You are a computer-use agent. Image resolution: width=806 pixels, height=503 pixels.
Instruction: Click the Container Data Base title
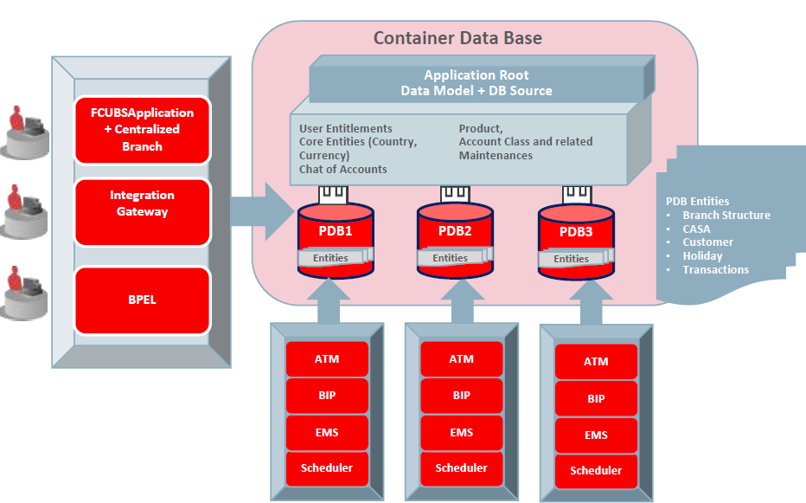[x=457, y=38]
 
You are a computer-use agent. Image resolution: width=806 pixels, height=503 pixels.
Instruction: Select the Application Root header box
[x=476, y=83]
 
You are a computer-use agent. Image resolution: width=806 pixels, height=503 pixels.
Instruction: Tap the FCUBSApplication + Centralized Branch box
[x=142, y=129]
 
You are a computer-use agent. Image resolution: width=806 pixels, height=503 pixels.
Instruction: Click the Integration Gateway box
[x=142, y=204]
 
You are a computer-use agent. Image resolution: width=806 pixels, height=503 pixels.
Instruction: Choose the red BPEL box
[x=142, y=300]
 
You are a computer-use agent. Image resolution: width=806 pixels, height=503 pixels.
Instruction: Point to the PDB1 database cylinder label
[x=334, y=231]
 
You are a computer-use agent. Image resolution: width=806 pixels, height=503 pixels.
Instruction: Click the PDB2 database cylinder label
[x=455, y=231]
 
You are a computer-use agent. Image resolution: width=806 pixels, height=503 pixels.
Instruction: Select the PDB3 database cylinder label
[x=575, y=231]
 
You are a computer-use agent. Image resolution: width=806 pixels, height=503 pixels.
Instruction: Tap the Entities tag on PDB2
[x=451, y=258]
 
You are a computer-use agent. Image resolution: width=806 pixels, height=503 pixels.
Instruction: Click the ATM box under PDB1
[x=327, y=358]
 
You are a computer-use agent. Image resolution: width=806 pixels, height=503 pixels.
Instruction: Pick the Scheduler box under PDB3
[x=596, y=471]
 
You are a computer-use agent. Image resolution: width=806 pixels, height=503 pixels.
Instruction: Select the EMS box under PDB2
[x=462, y=433]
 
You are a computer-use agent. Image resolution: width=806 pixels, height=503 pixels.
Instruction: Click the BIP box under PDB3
[x=596, y=399]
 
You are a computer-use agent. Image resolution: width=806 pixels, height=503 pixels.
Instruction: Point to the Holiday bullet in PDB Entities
[x=702, y=256]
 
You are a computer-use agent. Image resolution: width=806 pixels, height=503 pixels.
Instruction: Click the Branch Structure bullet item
[x=726, y=216]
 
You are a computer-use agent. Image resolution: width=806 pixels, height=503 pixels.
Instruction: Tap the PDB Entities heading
[x=697, y=201]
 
